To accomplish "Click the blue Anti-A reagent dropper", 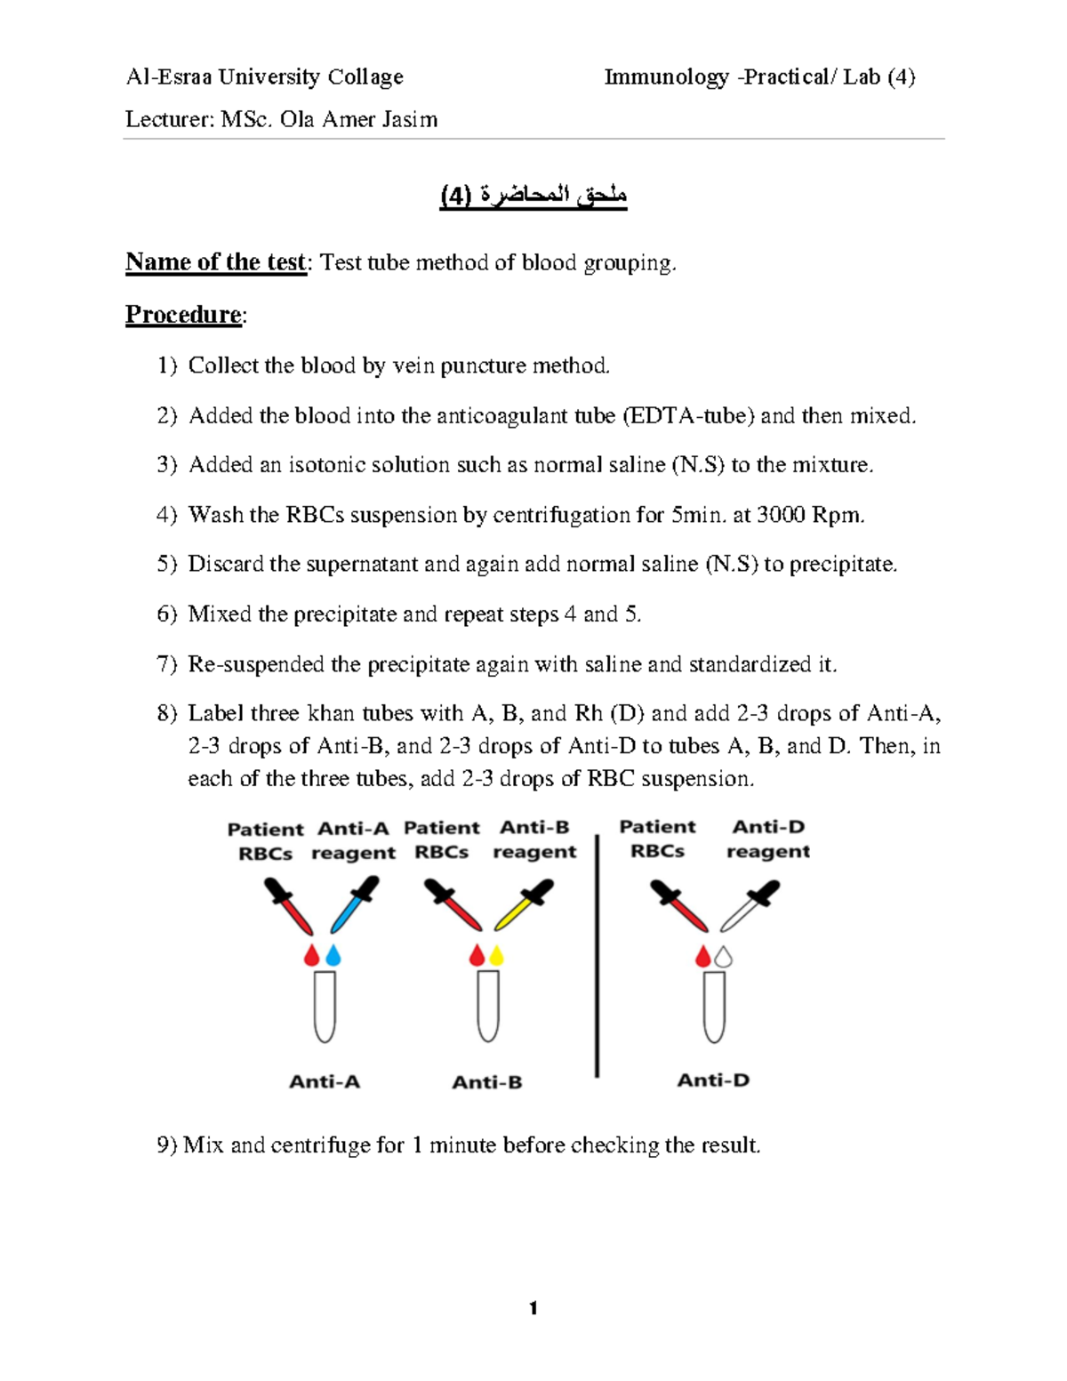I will [x=354, y=904].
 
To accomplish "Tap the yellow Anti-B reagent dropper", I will [x=524, y=905].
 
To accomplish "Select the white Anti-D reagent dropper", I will [x=750, y=905].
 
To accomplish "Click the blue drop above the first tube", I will [x=333, y=956].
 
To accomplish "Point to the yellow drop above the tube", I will [x=497, y=956].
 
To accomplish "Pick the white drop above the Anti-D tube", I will [x=724, y=957].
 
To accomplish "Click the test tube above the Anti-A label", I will [x=325, y=1006].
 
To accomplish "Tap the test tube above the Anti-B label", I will [x=487, y=1006].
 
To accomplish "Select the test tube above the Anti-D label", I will [x=714, y=1007].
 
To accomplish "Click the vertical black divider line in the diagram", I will [x=597, y=956].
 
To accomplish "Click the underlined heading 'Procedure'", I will [x=183, y=315].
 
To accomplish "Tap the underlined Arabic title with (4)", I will [x=533, y=196].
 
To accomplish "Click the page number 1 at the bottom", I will [x=533, y=1308].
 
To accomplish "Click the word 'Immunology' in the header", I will [x=667, y=77].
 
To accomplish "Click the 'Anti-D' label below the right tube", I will [x=713, y=1080].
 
